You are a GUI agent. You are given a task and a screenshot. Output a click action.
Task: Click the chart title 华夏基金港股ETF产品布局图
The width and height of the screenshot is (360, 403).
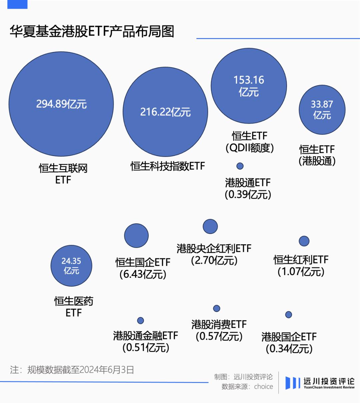[92, 32]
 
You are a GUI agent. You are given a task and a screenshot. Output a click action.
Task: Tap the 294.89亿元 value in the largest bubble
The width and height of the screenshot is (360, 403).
[61, 104]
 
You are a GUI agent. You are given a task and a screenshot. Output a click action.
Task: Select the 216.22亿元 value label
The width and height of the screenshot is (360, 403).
[165, 112]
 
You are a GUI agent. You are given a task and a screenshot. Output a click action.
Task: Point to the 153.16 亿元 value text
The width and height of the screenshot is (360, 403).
[249, 86]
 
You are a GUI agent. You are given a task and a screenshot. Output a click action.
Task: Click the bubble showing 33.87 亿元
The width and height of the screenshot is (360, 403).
[322, 110]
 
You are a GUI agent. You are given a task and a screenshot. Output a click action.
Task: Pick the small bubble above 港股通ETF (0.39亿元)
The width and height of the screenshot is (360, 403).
[240, 166]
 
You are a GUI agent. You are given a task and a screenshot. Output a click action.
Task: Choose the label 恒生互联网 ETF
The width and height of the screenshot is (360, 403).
[63, 174]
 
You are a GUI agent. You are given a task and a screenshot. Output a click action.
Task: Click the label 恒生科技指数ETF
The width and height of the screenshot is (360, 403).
[168, 166]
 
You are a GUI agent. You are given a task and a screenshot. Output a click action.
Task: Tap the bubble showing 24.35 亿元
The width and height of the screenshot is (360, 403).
[71, 266]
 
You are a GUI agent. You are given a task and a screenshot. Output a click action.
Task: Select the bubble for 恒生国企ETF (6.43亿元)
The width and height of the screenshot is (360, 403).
[136, 236]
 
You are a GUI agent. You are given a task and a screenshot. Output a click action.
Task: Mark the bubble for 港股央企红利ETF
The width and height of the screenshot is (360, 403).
[210, 226]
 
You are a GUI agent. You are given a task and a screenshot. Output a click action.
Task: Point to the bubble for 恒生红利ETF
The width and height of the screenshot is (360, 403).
[304, 241]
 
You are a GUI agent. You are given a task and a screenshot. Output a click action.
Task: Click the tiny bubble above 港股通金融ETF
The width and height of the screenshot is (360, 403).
[141, 320]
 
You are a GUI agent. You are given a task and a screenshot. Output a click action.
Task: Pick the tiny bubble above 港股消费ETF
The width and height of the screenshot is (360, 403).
[217, 308]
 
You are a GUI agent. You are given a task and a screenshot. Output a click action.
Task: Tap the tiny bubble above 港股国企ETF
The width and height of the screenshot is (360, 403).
[289, 314]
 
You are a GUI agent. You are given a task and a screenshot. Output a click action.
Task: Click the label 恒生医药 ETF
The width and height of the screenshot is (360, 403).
[74, 307]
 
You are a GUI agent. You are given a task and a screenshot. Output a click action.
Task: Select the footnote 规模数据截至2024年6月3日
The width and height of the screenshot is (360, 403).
[80, 370]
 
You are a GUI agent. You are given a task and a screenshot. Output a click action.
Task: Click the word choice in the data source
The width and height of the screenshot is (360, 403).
[263, 387]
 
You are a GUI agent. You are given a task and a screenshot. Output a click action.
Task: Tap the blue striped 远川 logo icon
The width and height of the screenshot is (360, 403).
[292, 383]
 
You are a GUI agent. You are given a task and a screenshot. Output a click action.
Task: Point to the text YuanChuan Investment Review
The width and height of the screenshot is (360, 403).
[329, 387]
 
